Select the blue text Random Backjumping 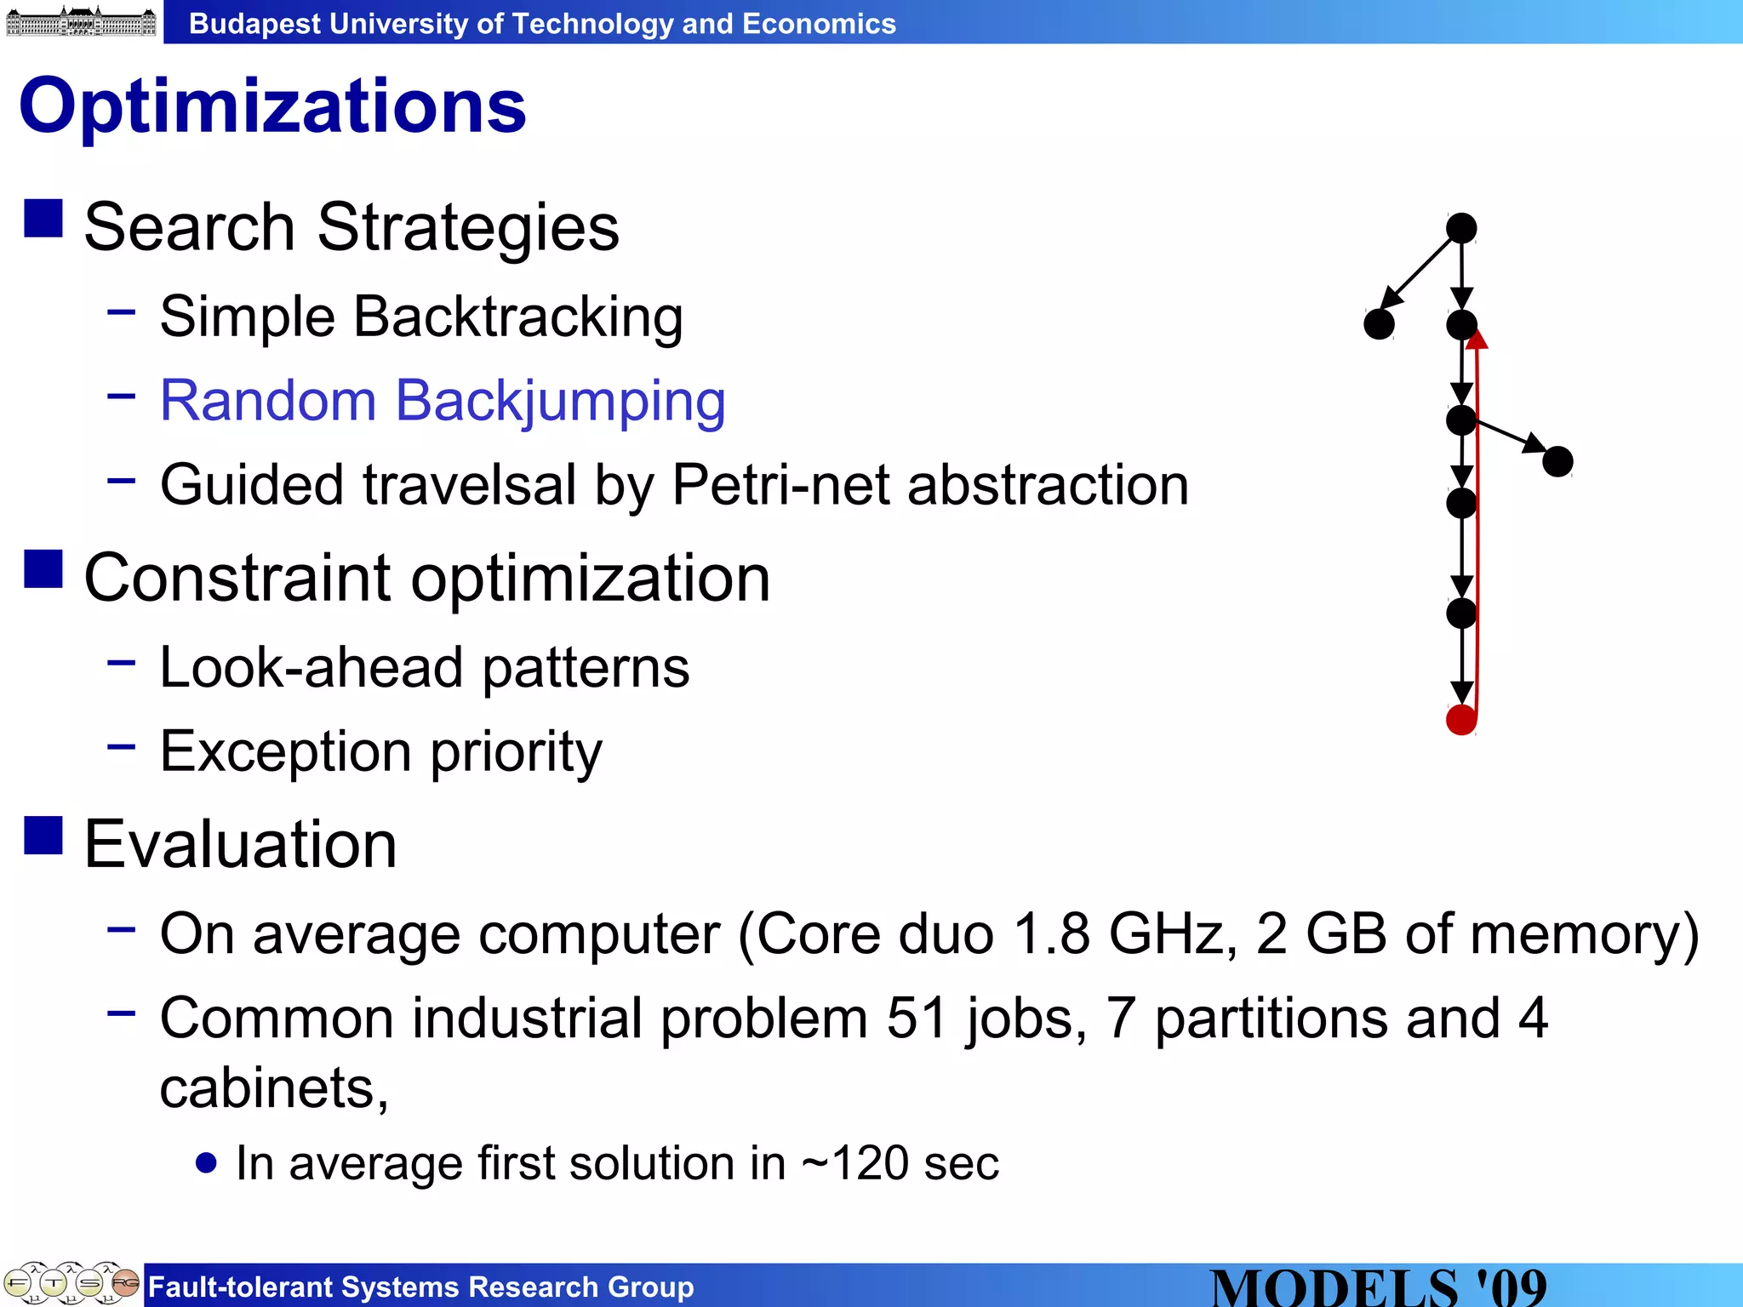click(x=443, y=400)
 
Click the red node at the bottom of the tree click(x=1461, y=720)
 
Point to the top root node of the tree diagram click(x=1461, y=228)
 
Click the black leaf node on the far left click(x=1379, y=324)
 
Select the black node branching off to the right click(x=1557, y=462)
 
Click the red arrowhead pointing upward click(x=1477, y=340)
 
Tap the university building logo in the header click(x=81, y=21)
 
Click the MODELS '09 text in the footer click(x=1379, y=1287)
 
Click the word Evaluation click(x=241, y=844)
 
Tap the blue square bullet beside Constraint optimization click(x=43, y=568)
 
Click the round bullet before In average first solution click(x=206, y=1162)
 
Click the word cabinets click(x=268, y=1088)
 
